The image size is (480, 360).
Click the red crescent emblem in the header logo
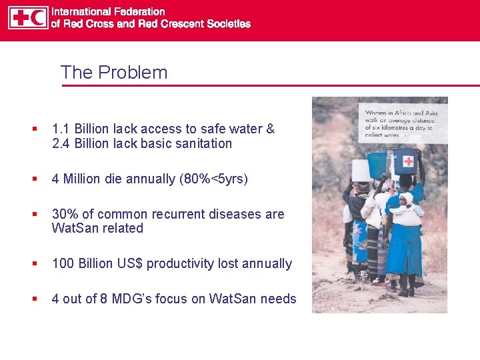tap(38, 18)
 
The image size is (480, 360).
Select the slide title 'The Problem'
tap(114, 72)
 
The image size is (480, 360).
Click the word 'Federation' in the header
tap(137, 11)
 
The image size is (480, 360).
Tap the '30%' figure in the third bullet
tap(64, 214)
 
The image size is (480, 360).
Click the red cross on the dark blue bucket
tap(407, 161)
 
